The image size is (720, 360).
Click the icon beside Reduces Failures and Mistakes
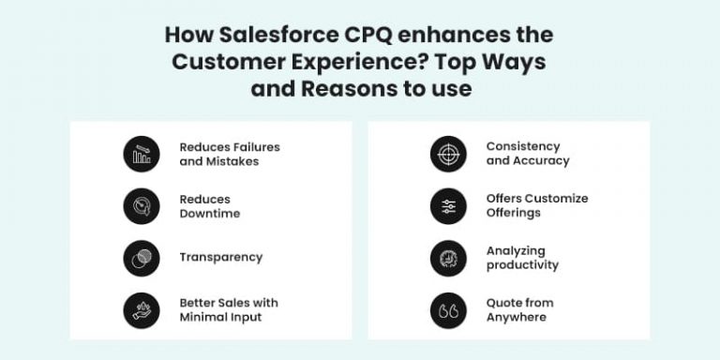[142, 154]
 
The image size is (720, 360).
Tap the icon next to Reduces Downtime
[142, 206]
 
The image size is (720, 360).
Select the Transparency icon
[142, 258]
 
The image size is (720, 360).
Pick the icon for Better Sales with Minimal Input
[142, 310]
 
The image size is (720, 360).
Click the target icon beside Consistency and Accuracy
[448, 154]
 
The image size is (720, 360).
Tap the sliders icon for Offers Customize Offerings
[448, 206]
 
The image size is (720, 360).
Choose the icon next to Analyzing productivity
[448, 258]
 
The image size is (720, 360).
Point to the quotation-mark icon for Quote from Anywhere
[448, 310]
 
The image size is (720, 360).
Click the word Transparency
[221, 257]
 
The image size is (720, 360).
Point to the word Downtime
[210, 214]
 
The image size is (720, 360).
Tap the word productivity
[522, 265]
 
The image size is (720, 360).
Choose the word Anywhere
[517, 318]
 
